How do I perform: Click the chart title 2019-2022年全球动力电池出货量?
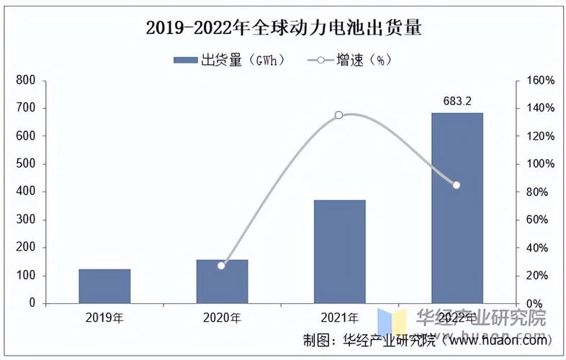283,28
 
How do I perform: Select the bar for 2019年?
104,286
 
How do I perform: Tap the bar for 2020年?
222,282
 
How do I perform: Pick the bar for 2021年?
339,251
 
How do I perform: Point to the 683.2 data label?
457,102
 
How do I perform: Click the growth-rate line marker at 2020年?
221,266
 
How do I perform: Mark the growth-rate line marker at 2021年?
339,115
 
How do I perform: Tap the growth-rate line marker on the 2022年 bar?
457,185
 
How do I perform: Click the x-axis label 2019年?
104,317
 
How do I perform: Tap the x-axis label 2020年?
222,317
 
